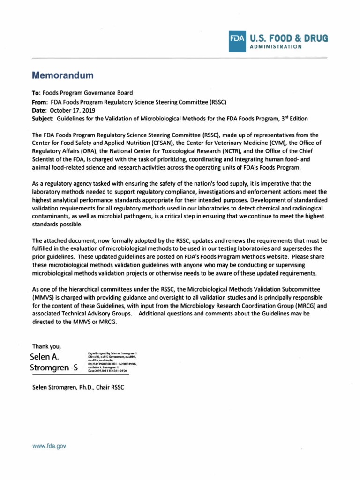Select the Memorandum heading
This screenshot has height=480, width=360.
click(63, 75)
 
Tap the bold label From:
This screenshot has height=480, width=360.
click(40, 101)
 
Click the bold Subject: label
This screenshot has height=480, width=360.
click(43, 118)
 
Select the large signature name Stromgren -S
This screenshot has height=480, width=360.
click(54, 367)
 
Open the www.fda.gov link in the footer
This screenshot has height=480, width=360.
click(49, 446)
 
